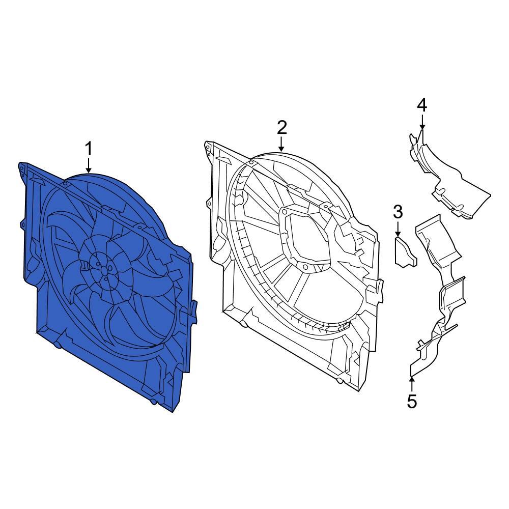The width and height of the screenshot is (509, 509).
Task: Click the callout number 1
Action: pos(89,150)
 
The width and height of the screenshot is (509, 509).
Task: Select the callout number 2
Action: pos(282,127)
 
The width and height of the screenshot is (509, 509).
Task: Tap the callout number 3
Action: pos(398,211)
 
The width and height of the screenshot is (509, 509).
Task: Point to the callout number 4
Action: pos(422,105)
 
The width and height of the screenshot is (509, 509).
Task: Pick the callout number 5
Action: pos(412,401)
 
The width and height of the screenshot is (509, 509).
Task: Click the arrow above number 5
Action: pos(412,383)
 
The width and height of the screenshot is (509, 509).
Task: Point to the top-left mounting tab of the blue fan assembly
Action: pos(22,168)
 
